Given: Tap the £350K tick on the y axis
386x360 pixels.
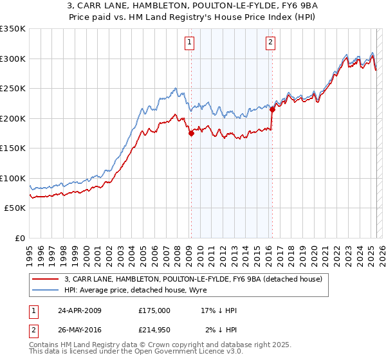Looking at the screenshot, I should point(13,29).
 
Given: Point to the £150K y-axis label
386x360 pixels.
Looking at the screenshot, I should point(13,148).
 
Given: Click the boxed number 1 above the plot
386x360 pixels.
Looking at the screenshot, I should point(190,43).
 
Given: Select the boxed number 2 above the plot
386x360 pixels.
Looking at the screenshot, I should point(270,43).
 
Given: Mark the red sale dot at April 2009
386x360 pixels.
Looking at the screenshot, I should point(191,134).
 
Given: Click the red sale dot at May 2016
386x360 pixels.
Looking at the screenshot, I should point(272,109).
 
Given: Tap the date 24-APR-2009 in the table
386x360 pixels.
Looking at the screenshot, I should point(80,310).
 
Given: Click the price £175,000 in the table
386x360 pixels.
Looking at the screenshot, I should point(154,310).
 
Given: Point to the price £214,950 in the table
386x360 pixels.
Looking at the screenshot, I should point(154,330).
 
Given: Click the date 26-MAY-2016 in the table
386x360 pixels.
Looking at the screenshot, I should point(80,330).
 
